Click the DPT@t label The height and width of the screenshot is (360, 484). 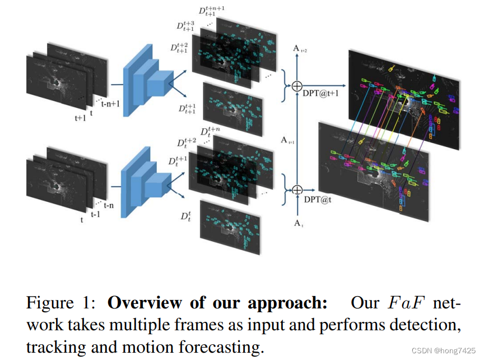point(317,199)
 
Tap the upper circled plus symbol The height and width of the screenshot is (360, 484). point(296,85)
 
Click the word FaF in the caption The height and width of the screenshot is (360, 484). point(402,303)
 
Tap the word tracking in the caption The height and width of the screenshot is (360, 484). point(52,348)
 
